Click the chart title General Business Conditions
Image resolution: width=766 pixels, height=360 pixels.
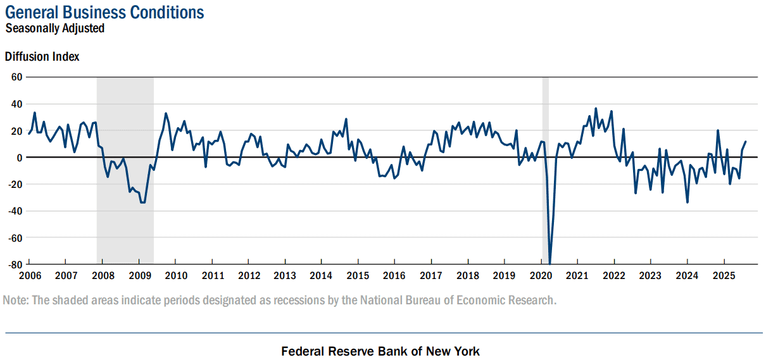tap(104, 12)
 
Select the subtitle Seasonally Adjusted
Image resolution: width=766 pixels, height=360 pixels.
tap(54, 28)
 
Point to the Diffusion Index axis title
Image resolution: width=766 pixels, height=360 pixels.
tap(42, 56)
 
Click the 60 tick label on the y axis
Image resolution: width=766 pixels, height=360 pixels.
tap(16, 77)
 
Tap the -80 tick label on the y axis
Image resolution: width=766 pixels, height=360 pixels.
tap(15, 264)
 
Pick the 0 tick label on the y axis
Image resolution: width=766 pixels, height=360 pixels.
tap(20, 158)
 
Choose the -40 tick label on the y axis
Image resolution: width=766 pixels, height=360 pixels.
tap(15, 211)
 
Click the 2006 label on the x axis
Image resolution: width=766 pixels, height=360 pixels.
tap(30, 276)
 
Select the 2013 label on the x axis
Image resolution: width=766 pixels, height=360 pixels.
tap(285, 276)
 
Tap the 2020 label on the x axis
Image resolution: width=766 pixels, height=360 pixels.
tap(541, 276)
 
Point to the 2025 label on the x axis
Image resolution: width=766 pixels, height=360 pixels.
tap(724, 276)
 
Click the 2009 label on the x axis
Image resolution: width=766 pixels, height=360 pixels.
tap(140, 276)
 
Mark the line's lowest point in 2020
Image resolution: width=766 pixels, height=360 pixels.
tap(550, 264)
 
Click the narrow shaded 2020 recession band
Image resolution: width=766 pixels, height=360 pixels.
tap(546, 170)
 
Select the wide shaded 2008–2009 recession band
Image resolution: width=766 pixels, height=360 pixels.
tap(125, 170)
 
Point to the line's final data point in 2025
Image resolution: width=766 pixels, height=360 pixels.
tap(746, 142)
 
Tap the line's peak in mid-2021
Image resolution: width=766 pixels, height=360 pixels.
tap(596, 109)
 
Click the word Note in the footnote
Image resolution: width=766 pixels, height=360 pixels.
tap(16, 300)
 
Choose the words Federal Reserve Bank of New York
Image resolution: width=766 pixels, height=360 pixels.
tap(380, 351)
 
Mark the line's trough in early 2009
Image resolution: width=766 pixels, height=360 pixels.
tap(142, 202)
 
